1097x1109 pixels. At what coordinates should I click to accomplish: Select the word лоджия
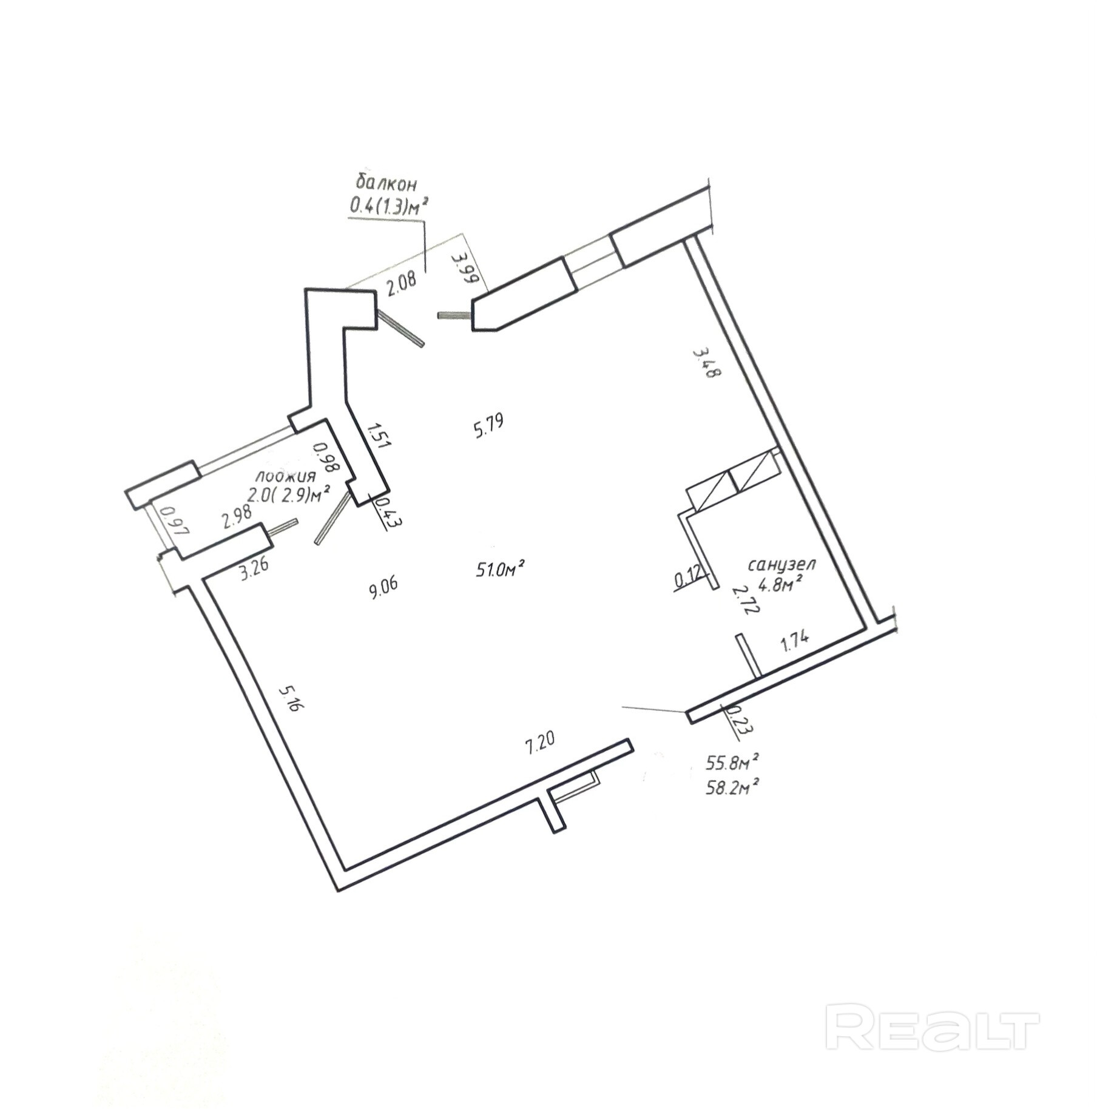[x=285, y=476]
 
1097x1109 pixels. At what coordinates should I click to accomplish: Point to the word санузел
[x=781, y=564]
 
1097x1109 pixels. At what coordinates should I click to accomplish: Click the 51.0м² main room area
[x=500, y=568]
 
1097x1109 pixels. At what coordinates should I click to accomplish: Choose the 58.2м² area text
[x=734, y=788]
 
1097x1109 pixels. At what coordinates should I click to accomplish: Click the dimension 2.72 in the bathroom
[x=738, y=601]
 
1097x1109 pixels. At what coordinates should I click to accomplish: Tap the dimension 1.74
[x=795, y=641]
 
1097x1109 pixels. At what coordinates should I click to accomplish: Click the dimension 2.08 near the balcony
[x=401, y=283]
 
